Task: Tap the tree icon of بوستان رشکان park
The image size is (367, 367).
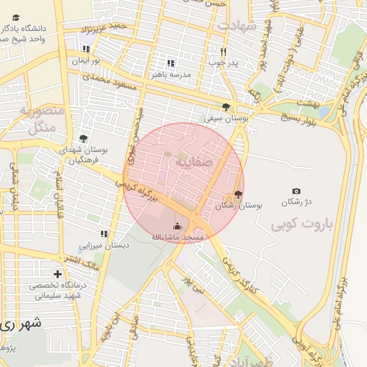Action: (x=238, y=194)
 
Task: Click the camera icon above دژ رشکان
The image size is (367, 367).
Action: (x=296, y=191)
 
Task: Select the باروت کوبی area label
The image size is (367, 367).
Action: (x=302, y=225)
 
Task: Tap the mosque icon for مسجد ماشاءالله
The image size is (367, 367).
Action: (x=177, y=226)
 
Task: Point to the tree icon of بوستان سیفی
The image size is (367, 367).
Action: (x=227, y=107)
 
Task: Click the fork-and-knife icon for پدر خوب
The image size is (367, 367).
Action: (x=224, y=52)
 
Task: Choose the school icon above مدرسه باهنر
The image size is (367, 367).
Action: (x=171, y=62)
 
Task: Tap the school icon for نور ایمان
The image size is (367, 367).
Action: (x=87, y=49)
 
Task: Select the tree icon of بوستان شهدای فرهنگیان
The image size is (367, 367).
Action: (x=83, y=138)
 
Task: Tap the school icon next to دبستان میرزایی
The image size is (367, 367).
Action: (x=104, y=234)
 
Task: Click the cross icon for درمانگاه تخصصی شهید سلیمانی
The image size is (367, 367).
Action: (x=57, y=274)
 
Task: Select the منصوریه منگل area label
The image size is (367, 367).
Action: (x=41, y=120)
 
